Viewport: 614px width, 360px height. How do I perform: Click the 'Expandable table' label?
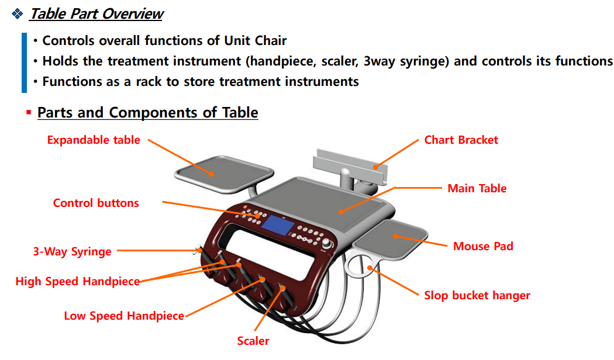[94, 140]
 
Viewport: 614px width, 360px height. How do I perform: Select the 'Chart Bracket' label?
[461, 140]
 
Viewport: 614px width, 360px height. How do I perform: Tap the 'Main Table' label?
[477, 189]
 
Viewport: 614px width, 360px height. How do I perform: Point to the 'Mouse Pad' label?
[483, 246]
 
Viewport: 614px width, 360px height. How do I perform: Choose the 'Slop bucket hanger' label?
[477, 296]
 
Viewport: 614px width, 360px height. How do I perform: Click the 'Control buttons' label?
[96, 203]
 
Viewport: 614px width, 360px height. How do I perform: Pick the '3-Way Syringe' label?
[72, 252]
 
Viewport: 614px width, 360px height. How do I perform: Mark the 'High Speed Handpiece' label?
[77, 282]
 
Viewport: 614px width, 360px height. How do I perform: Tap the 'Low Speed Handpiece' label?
[124, 316]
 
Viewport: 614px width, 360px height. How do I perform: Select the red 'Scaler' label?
[253, 341]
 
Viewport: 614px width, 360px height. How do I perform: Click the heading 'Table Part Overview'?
[96, 14]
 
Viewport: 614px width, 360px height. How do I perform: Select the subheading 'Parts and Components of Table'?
[147, 112]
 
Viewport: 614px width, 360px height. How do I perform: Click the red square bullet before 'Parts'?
[28, 112]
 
